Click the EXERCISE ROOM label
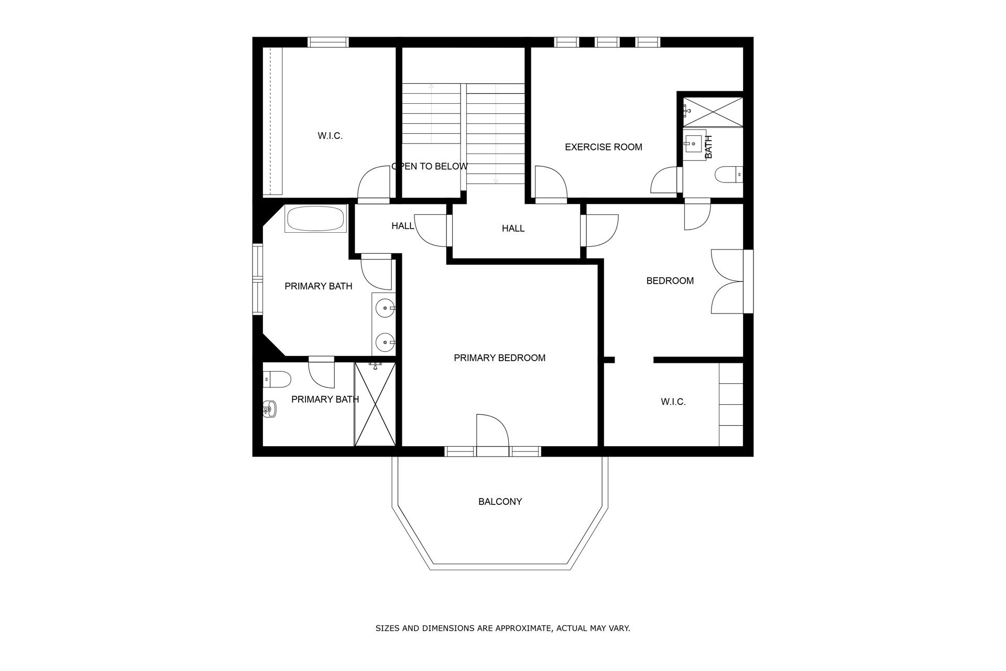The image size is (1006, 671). click(x=603, y=147)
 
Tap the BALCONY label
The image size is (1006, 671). click(x=500, y=502)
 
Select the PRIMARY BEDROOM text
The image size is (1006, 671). click(x=499, y=358)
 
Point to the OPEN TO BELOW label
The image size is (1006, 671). click(x=430, y=167)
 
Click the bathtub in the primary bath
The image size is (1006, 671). click(x=315, y=219)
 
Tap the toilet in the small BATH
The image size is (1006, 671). click(x=729, y=174)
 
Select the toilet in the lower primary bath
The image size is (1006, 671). click(x=277, y=378)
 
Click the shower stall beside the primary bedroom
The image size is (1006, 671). click(x=375, y=404)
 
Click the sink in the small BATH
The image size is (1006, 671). click(x=694, y=142)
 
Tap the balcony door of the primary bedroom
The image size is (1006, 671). click(x=493, y=431)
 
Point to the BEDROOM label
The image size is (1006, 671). click(x=670, y=281)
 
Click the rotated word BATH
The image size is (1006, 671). click(x=708, y=147)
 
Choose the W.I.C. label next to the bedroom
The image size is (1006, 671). click(x=673, y=402)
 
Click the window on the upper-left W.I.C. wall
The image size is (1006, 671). click(x=328, y=42)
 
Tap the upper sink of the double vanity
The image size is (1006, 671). click(x=387, y=308)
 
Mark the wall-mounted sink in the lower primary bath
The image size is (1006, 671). click(x=269, y=409)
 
